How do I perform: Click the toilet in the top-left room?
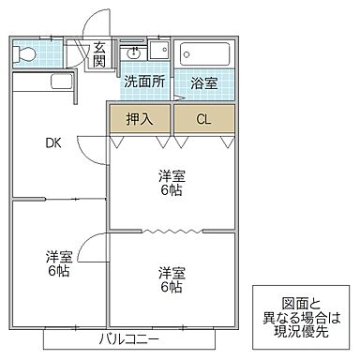click(26, 52)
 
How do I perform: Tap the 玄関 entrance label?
click(98, 55)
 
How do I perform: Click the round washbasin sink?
click(134, 52)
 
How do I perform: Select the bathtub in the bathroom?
click(203, 52)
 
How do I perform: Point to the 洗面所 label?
click(144, 81)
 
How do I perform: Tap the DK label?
click(52, 143)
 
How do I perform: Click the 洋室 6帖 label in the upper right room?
click(170, 181)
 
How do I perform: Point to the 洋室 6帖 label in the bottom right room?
click(170, 279)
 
